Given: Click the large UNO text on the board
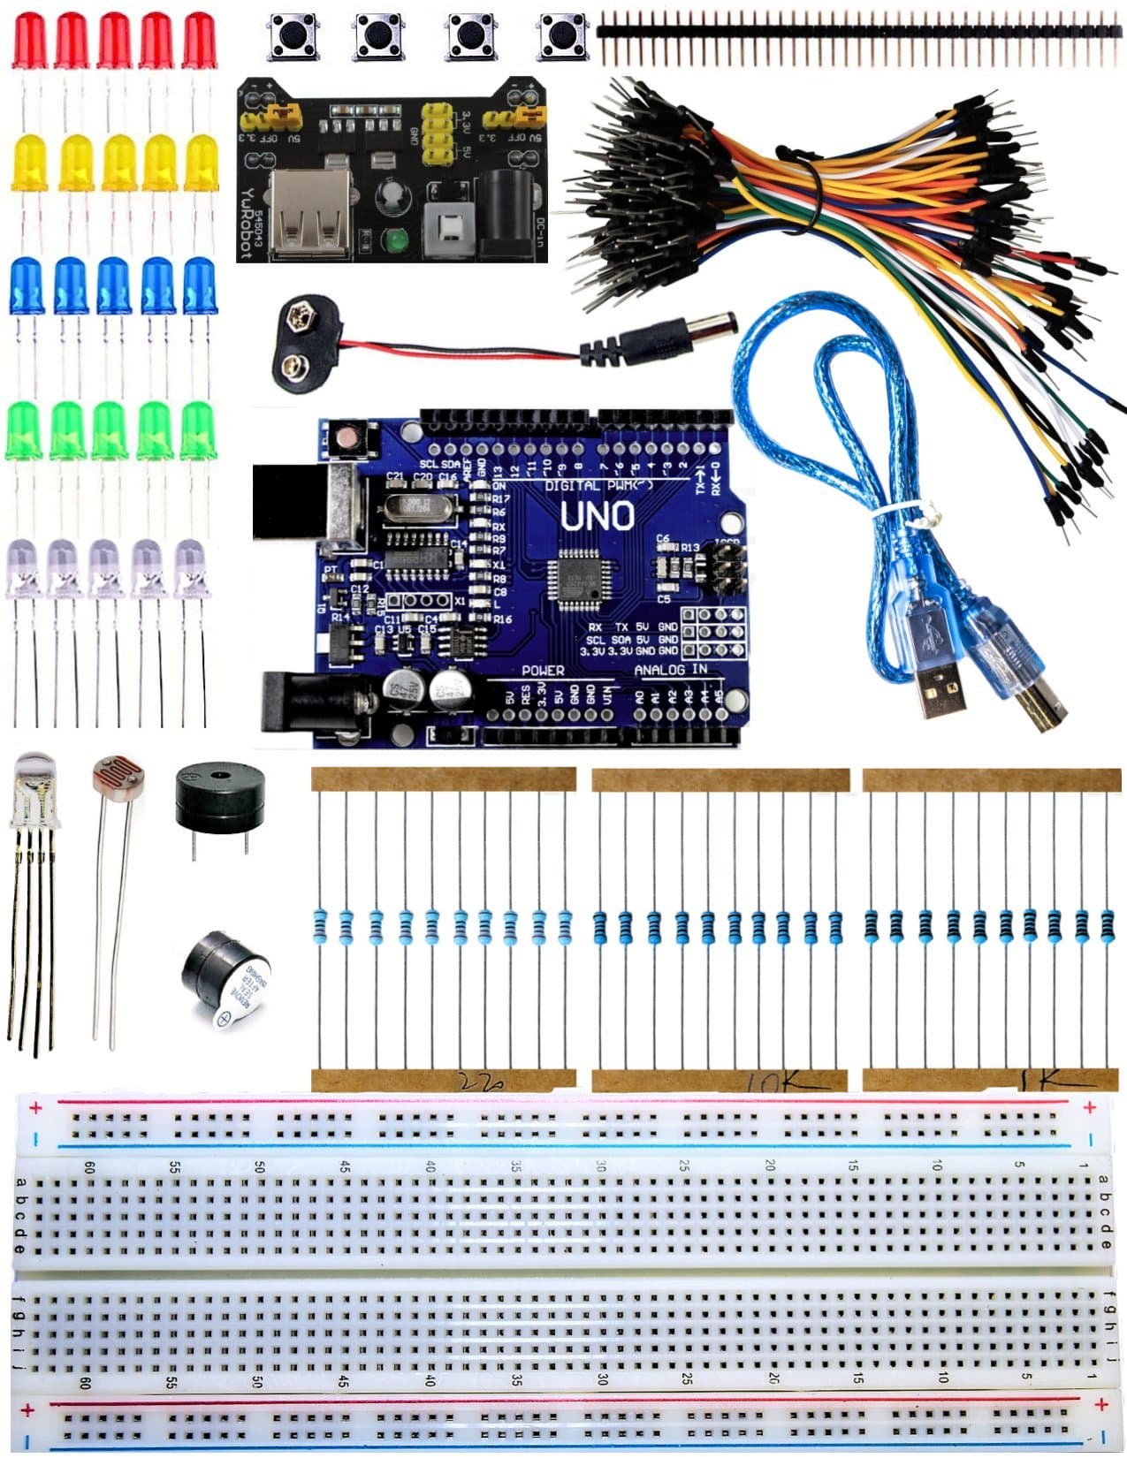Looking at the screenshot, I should [x=598, y=516].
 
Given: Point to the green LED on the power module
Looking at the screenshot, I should [x=394, y=239].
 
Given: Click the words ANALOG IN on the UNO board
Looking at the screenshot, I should [x=671, y=670].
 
